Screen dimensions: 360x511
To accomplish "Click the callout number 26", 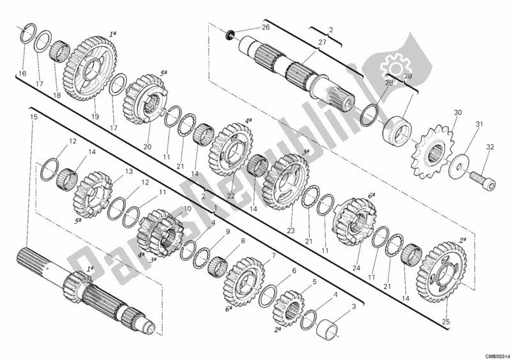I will click(265, 27).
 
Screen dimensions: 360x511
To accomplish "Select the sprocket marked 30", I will click(431, 151).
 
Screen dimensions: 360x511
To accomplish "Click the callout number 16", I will click(22, 74).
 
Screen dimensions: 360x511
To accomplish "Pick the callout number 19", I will click(95, 117).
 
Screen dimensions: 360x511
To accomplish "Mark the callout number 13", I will click(128, 171).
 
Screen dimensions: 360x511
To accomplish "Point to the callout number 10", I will click(188, 208).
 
